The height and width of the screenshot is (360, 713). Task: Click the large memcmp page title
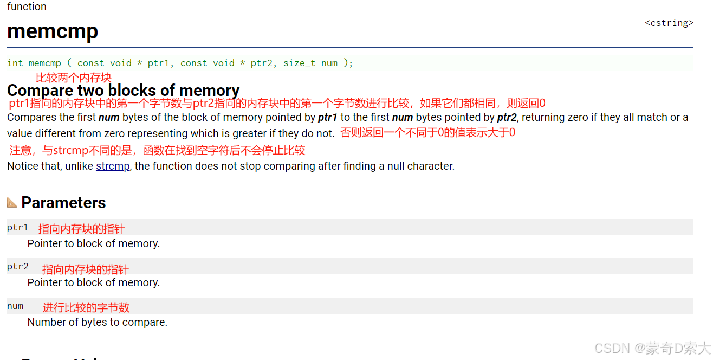[x=53, y=31]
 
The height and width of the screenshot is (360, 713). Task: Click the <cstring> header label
[x=669, y=23]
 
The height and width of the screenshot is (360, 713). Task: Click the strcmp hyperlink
[x=113, y=166]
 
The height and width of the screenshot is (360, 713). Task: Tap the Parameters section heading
[x=63, y=203]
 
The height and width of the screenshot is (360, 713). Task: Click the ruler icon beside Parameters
[x=12, y=202]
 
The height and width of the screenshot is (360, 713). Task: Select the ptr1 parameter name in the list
[x=17, y=228]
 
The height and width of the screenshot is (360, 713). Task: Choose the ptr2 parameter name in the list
[x=17, y=267]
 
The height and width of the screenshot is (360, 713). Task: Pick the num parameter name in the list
[x=15, y=306]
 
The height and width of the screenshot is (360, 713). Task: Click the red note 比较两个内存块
[x=74, y=78]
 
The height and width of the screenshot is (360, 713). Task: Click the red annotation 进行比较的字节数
[x=86, y=307]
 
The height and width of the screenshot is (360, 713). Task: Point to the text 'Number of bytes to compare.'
[x=98, y=322]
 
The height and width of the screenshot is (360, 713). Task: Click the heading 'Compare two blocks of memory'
[x=123, y=91]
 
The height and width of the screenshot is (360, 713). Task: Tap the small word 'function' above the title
[x=27, y=7]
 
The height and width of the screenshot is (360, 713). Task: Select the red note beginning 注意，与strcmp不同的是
[x=157, y=150]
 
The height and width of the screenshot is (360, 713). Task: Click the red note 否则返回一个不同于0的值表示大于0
[x=427, y=132]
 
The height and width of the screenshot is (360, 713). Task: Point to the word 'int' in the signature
[x=15, y=63]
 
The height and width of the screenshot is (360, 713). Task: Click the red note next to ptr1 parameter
[x=82, y=229]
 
